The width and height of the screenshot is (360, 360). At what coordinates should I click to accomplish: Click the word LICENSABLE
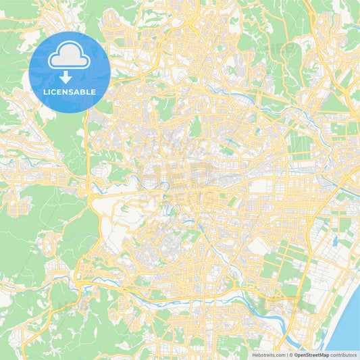tap(69, 92)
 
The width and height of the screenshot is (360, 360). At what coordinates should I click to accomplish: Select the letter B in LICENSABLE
tap(84, 92)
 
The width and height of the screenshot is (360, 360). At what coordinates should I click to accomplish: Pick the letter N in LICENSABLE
tap(68, 92)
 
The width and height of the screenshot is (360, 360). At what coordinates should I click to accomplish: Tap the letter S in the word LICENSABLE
tap(74, 92)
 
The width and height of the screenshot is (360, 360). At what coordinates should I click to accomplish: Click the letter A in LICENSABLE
tap(78, 92)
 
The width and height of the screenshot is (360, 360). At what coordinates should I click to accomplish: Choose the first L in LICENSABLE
tap(45, 92)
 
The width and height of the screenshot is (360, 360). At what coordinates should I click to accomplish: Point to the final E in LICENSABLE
tap(93, 92)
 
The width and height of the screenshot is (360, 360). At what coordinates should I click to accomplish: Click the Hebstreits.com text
tap(268, 354)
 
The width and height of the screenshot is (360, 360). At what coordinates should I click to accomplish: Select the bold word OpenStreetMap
tap(311, 354)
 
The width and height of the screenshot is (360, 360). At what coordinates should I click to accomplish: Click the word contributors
tap(343, 354)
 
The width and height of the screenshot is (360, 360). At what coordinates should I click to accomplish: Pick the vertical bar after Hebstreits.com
tap(286, 354)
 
